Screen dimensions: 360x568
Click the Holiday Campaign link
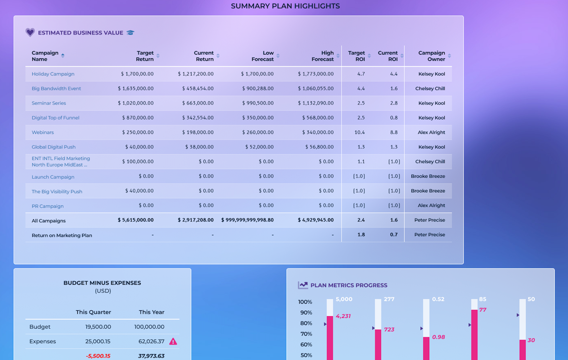53,74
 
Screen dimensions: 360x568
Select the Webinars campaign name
43,132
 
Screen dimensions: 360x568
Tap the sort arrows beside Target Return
158,56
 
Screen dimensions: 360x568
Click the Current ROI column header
388,56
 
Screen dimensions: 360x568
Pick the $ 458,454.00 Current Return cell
198,89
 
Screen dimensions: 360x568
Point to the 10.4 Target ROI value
359,132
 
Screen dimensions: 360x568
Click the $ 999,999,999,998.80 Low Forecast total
247,220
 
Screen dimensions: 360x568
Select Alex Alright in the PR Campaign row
431,206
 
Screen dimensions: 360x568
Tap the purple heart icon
30,32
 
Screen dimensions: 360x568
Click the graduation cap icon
130,33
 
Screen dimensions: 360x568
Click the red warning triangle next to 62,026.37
173,341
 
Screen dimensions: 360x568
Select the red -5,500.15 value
98,356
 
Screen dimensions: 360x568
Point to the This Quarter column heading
93,312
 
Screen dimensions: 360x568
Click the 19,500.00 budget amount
98,327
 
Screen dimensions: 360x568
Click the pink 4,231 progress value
343,316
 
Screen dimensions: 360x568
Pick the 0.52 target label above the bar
438,299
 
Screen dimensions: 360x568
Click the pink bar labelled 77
474,333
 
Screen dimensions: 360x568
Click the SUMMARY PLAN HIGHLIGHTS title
285,6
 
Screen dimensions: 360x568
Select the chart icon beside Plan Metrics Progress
303,285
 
